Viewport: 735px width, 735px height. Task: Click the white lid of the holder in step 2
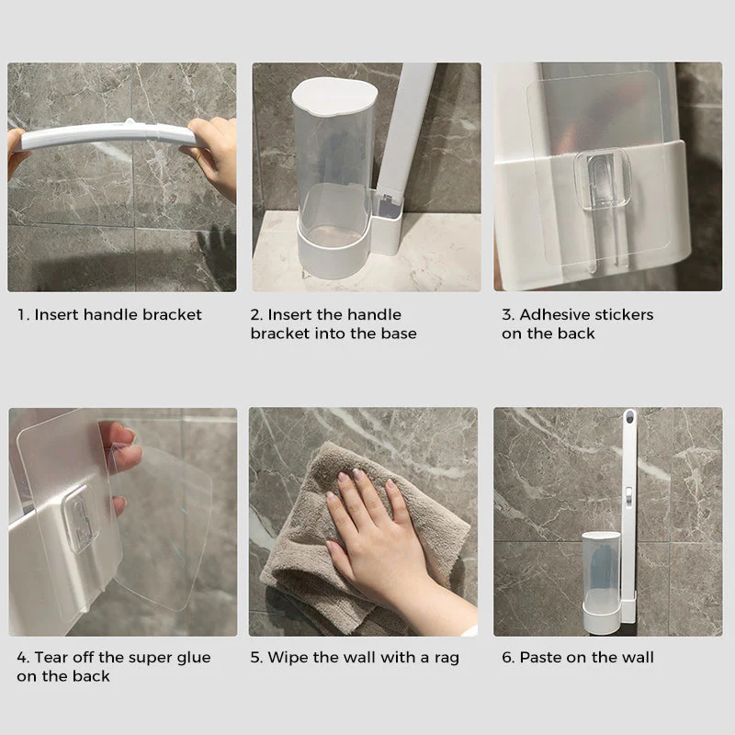pos(328,95)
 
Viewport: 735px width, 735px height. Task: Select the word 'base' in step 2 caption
pos(398,334)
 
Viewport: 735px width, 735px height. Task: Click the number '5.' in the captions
pos(256,658)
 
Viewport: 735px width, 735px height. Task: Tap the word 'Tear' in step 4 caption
pos(52,658)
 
